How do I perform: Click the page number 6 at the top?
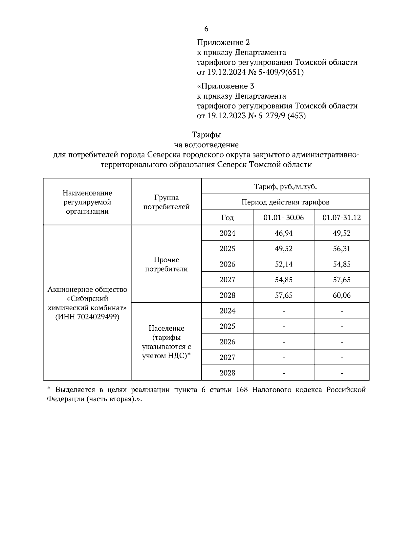206,29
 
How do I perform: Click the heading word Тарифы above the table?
206,135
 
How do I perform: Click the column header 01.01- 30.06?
284,218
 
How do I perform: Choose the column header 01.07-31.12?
341,218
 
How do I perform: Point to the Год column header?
227,218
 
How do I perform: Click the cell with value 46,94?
284,233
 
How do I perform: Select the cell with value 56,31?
341,248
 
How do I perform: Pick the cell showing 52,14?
284,264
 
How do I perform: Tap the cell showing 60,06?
341,295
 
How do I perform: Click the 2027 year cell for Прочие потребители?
227,280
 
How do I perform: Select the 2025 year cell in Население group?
227,326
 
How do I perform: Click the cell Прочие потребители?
166,264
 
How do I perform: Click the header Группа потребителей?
166,202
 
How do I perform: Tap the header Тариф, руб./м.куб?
285,187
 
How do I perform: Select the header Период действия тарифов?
285,202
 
